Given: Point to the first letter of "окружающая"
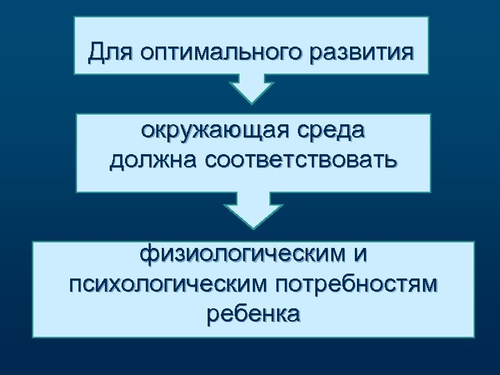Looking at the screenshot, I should [x=146, y=132].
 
